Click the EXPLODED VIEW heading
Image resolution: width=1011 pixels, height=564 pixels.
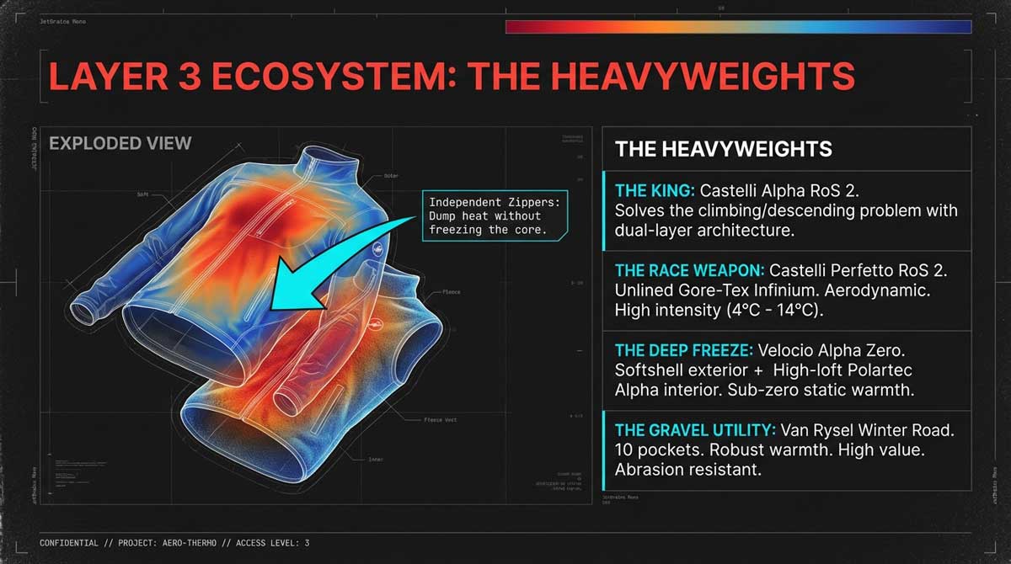point(120,143)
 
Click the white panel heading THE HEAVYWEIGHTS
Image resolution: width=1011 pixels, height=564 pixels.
point(723,150)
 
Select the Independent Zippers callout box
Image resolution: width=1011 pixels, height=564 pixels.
point(493,215)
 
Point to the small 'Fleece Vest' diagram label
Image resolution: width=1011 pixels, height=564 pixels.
point(442,418)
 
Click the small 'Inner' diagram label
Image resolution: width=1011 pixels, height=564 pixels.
point(376,460)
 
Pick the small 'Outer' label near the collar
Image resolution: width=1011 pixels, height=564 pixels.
point(391,176)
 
